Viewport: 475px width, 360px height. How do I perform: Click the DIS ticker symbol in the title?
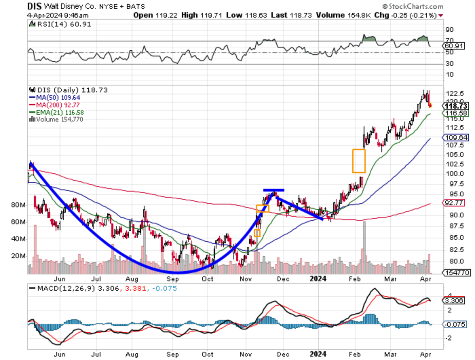click(35, 6)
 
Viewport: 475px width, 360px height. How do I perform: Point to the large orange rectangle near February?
click(359, 160)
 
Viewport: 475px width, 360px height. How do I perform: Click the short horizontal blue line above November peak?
click(274, 190)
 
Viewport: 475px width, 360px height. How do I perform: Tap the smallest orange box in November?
click(257, 233)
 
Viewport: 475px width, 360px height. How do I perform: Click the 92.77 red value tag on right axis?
click(450, 203)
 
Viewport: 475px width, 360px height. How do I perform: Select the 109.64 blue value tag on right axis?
click(450, 137)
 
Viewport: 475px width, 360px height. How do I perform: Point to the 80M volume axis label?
click(19, 205)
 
